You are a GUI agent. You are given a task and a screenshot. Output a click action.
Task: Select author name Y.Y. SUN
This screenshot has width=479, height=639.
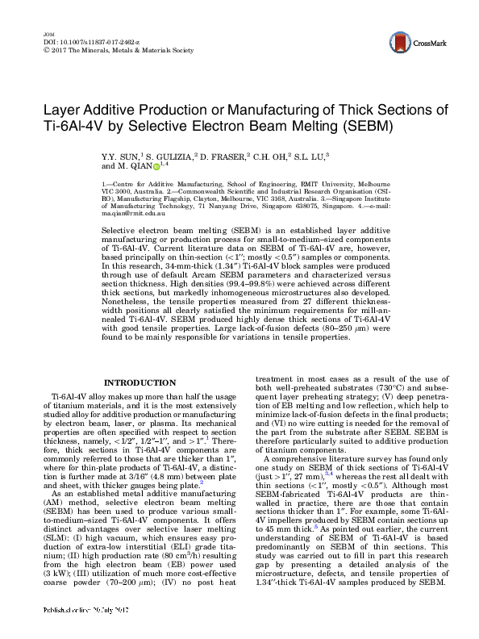coord(120,154)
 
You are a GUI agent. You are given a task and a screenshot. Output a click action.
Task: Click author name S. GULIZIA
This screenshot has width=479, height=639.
coord(168,154)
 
